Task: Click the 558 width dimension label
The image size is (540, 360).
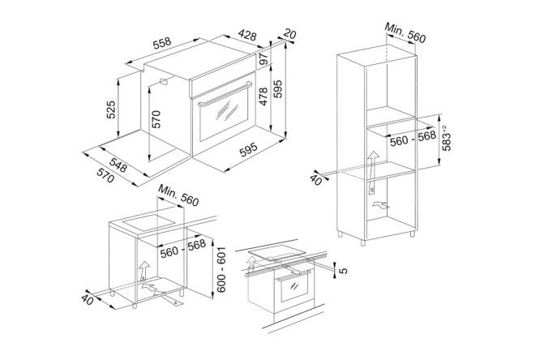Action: click(x=162, y=44)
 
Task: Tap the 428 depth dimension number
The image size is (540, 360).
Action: click(x=247, y=35)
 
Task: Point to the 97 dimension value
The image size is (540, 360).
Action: click(x=264, y=58)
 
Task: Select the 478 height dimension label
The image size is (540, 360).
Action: click(x=264, y=96)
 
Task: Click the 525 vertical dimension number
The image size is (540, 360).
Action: click(x=111, y=109)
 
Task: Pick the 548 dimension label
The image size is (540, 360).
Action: click(x=119, y=164)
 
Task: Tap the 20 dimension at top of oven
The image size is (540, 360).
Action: click(x=289, y=34)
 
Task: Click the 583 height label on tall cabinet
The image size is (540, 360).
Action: click(x=446, y=138)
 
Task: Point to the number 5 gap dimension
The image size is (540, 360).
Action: click(x=343, y=271)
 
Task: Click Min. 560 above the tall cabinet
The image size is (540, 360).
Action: click(x=405, y=33)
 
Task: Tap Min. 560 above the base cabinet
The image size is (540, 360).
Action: click(x=178, y=195)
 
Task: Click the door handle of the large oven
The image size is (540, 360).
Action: click(x=225, y=94)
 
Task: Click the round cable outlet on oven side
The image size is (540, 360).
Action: click(x=163, y=82)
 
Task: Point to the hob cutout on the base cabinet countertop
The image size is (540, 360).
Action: click(x=148, y=222)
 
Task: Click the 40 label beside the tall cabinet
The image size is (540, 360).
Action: click(x=315, y=180)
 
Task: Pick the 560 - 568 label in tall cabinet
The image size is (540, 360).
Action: click(x=413, y=139)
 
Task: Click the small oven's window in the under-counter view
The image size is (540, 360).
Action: click(x=294, y=287)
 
